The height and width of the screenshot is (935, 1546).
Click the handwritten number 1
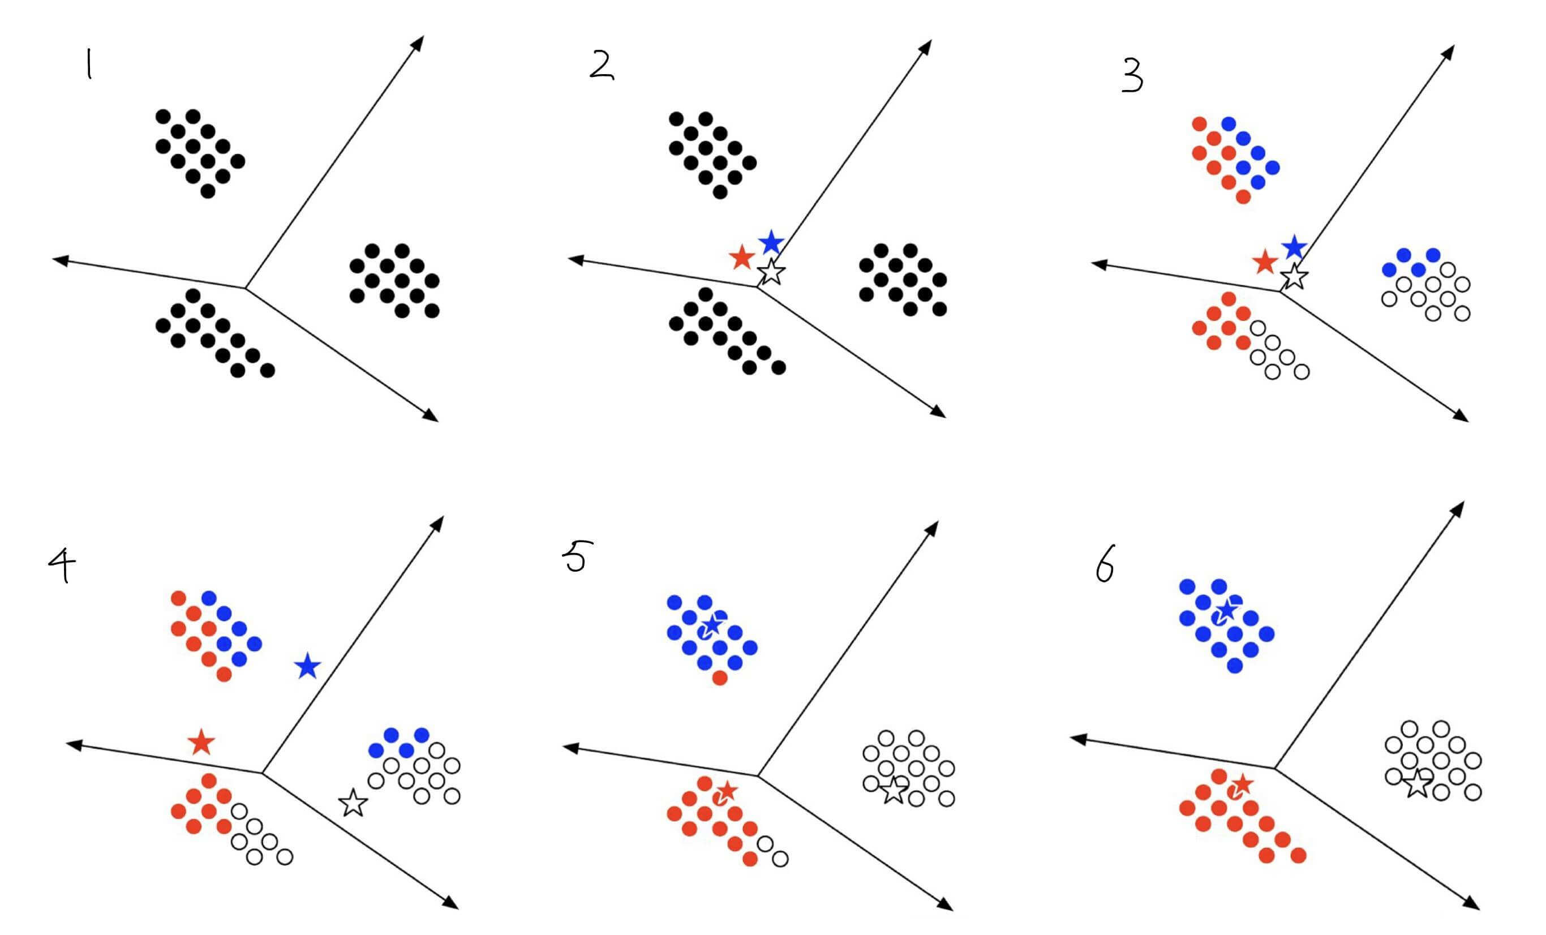point(89,65)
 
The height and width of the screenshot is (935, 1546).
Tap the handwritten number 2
point(601,68)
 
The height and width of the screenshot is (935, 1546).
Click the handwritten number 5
point(577,557)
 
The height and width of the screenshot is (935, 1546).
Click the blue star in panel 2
point(771,242)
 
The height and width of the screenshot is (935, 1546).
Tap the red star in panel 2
point(742,258)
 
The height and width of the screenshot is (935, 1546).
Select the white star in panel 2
point(771,272)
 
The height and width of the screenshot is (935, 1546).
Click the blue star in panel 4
point(307,666)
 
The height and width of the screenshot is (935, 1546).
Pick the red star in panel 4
point(201,743)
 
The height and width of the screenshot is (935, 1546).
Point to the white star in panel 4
point(353,803)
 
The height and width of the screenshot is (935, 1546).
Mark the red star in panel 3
point(1265,261)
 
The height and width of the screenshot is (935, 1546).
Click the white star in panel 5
point(894,791)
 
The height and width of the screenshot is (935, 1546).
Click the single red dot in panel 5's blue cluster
point(720,677)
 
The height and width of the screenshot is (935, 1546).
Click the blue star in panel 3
point(1294,247)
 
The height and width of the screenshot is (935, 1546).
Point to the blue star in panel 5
point(712,625)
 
